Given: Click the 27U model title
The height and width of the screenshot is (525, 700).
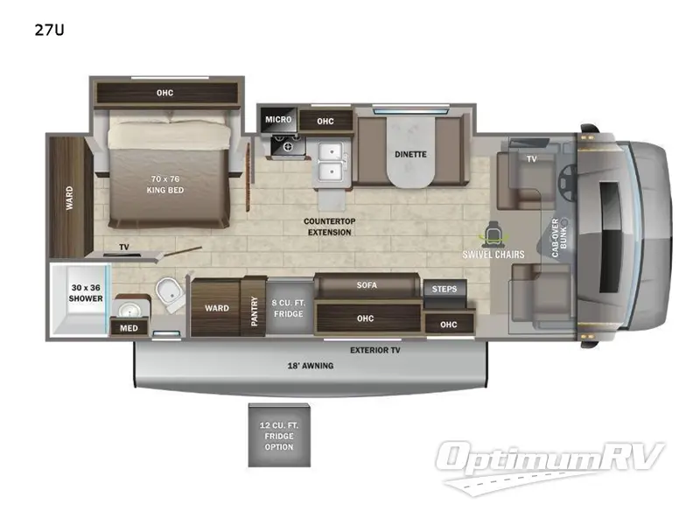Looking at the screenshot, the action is pyautogui.click(x=50, y=30).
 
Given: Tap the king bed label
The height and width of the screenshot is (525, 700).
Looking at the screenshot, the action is pyautogui.click(x=165, y=185).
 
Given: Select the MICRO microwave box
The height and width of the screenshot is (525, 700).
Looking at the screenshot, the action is pyautogui.click(x=278, y=120).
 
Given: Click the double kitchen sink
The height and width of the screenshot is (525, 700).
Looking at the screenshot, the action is pyautogui.click(x=332, y=161).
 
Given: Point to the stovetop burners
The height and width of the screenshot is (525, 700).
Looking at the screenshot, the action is pyautogui.click(x=288, y=145).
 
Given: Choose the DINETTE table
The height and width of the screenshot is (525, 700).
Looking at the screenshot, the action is pyautogui.click(x=410, y=151).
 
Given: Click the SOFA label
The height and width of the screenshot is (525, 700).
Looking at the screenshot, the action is pyautogui.click(x=367, y=285).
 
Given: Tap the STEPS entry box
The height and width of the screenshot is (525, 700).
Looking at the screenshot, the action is pyautogui.click(x=444, y=290).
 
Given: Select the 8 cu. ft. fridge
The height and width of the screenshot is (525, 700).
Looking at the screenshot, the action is pyautogui.click(x=289, y=308).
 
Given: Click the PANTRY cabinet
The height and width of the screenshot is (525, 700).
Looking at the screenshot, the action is pyautogui.click(x=254, y=307).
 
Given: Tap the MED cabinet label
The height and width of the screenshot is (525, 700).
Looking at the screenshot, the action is pyautogui.click(x=129, y=328).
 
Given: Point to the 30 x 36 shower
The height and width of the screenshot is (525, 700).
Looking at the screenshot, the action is pyautogui.click(x=80, y=298).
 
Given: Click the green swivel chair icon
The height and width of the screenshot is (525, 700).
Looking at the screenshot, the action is pyautogui.click(x=493, y=234).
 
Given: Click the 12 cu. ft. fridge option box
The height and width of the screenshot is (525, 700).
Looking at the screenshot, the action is pyautogui.click(x=279, y=436).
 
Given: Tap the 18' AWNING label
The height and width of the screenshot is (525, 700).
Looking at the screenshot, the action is pyautogui.click(x=311, y=366).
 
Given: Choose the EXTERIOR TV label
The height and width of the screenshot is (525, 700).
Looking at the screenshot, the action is pyautogui.click(x=375, y=351).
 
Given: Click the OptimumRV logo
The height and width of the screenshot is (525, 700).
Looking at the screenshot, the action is pyautogui.click(x=550, y=466).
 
